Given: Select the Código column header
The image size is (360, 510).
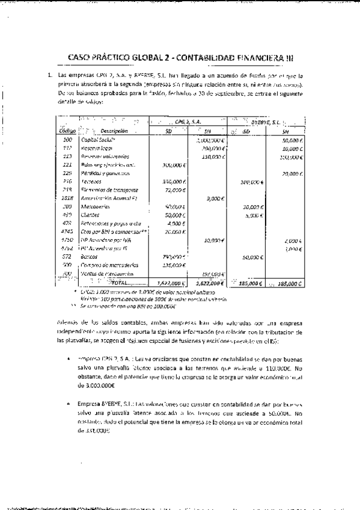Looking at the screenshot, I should click(67, 131).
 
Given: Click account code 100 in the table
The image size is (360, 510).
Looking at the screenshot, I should click(67, 140).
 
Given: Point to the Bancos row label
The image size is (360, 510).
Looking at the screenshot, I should click(90, 256).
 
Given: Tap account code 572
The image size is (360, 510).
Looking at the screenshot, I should click(67, 256).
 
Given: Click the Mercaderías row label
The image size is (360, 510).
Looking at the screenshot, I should click(94, 206).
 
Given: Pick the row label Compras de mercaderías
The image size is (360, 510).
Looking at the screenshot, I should click(105, 265).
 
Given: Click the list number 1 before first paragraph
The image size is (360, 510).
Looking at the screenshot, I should click(52, 76).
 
